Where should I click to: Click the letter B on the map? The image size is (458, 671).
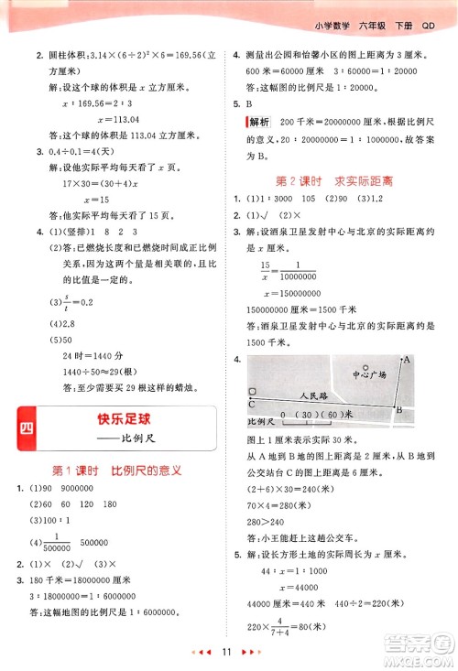click(398, 410)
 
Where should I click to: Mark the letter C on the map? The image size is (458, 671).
click(251, 402)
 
